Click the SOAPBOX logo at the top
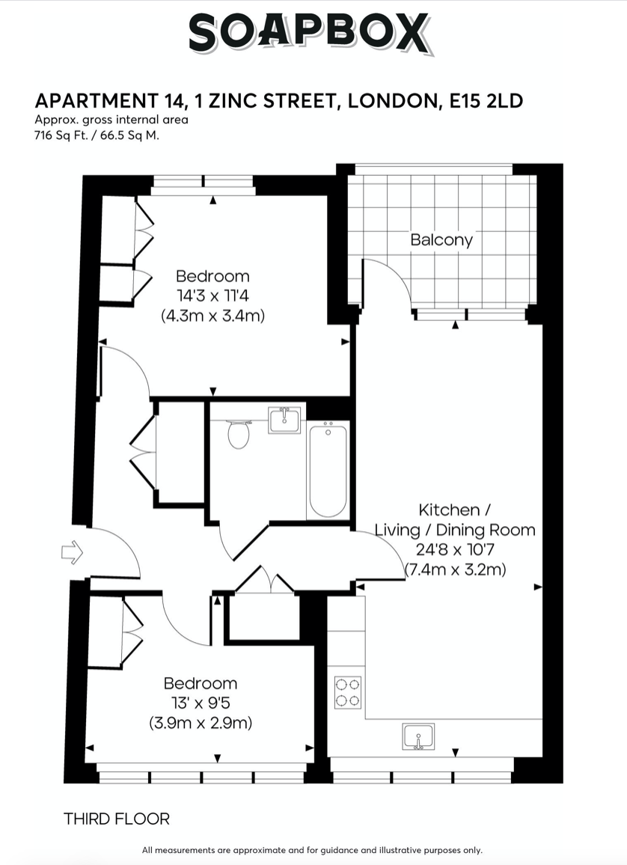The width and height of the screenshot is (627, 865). point(310,34)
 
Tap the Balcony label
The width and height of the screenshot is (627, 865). point(441,240)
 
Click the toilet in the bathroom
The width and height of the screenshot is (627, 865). point(238,434)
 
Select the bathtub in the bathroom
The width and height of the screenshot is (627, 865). point(328,469)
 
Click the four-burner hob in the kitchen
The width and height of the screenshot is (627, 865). point(348,692)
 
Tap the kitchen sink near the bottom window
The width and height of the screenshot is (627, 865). point(418,736)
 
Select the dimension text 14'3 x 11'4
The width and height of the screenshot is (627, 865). point(212,296)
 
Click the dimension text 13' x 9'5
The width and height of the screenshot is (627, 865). point(201,703)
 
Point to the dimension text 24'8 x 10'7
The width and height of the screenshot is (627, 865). point(455,550)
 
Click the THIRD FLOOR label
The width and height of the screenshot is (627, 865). point(117,819)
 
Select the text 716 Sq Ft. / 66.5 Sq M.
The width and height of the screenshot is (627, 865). point(97,135)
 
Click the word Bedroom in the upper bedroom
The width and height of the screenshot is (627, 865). point(212,277)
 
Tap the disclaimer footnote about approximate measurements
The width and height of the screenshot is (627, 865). point(313,850)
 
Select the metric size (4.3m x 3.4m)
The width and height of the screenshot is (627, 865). point(212,316)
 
